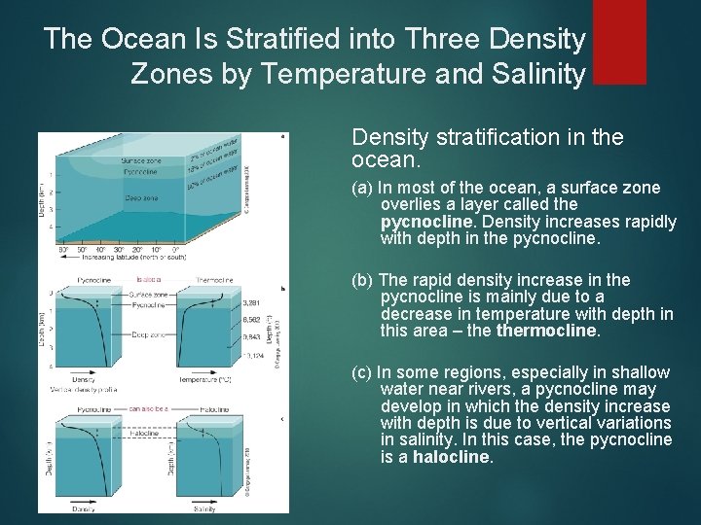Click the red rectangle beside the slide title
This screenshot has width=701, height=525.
tap(619, 42)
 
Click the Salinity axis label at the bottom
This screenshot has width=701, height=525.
tap(205, 507)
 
